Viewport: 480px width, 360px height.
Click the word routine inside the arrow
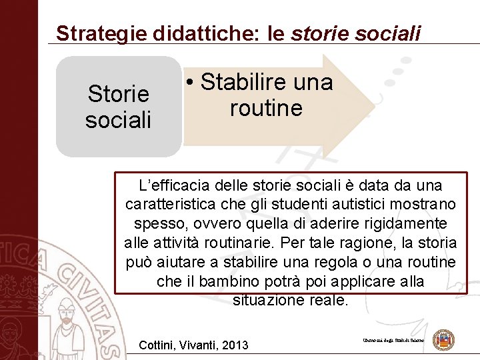(x=266, y=108)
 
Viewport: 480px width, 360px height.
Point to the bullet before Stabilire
(x=191, y=83)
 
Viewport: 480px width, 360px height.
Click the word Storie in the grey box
(x=118, y=94)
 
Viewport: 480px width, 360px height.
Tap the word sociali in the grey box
(x=118, y=120)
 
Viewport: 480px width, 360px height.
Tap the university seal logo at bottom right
(x=443, y=340)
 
